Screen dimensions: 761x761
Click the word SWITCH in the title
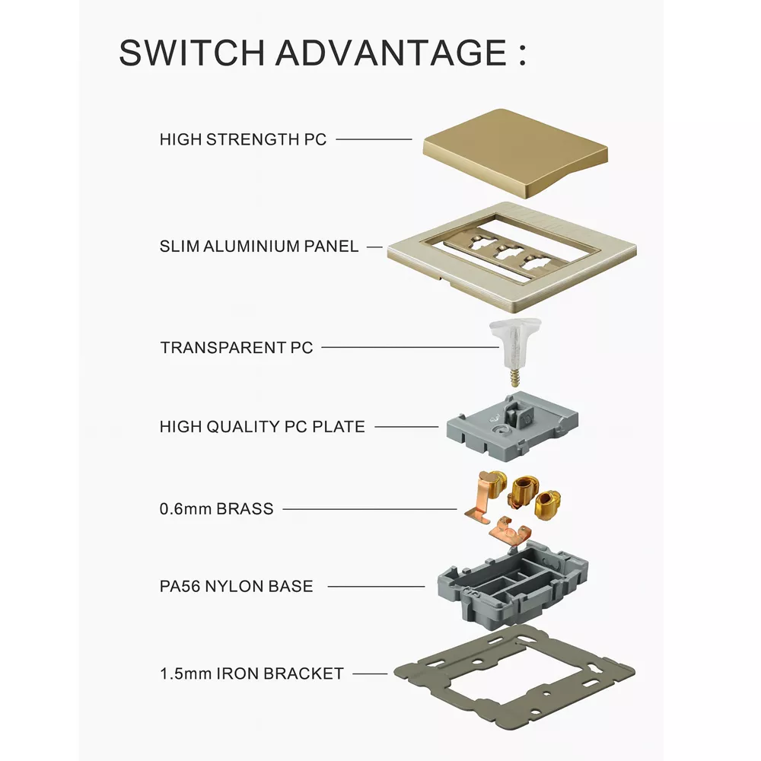point(190,53)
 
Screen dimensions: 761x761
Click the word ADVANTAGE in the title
point(388,53)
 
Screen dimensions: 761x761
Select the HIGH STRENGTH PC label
point(243,140)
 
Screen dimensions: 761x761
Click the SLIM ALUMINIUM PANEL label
point(259,247)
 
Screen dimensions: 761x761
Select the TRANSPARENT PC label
point(236,348)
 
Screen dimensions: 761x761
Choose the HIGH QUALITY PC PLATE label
point(262,427)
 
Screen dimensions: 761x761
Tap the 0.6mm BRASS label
point(216,509)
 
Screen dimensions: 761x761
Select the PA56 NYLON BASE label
point(236,587)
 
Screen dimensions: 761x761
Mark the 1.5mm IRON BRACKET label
point(251,673)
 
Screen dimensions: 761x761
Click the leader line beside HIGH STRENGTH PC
point(373,139)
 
